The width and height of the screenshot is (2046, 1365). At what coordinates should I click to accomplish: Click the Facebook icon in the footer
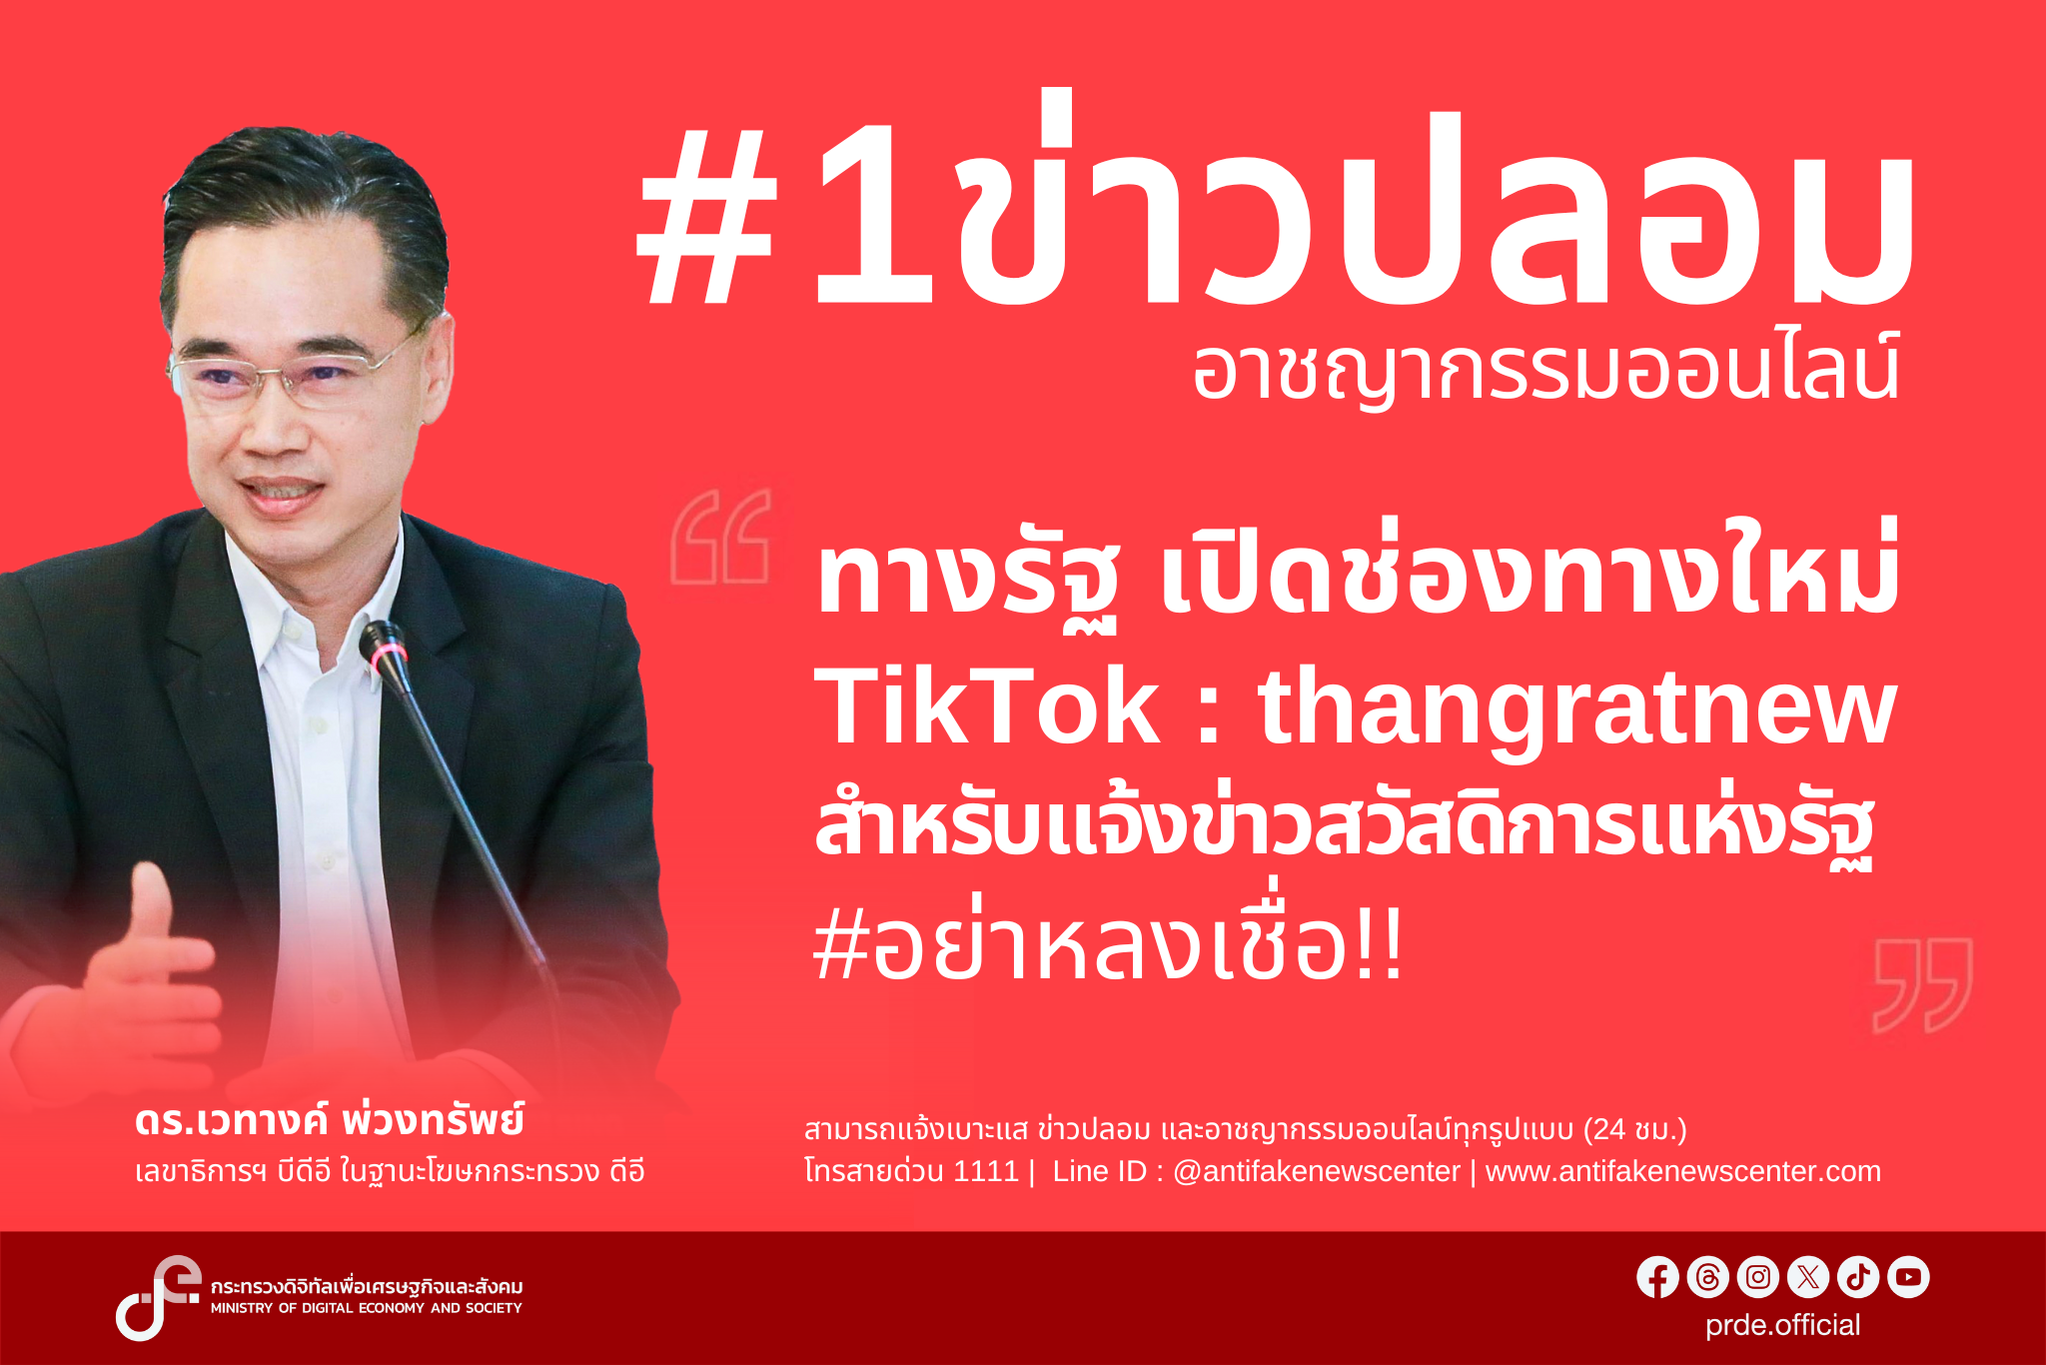tap(1657, 1277)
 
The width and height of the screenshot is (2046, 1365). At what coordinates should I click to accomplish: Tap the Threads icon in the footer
tap(1707, 1277)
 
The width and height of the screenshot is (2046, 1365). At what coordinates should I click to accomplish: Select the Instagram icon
tap(1758, 1277)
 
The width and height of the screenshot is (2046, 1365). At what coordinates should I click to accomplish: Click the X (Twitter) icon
tap(1808, 1277)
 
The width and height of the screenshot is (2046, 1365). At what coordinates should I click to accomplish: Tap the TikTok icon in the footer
tap(1858, 1277)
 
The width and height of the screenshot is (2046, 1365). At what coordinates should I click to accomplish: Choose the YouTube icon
tap(1908, 1277)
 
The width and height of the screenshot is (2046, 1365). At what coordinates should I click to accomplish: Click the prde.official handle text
tap(1782, 1325)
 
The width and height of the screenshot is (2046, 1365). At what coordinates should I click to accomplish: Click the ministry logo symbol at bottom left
tap(156, 1297)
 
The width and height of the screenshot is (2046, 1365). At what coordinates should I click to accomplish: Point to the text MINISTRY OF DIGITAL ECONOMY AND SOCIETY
tap(366, 1308)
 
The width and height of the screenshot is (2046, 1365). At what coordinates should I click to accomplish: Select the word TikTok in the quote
tap(987, 707)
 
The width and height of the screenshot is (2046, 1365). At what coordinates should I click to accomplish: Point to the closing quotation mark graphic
tap(1922, 984)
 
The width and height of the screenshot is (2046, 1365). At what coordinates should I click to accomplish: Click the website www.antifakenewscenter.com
tap(1682, 1171)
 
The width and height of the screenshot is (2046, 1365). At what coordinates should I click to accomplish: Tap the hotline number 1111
tap(985, 1171)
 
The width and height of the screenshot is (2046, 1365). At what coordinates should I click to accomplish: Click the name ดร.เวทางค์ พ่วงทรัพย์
tap(330, 1121)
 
